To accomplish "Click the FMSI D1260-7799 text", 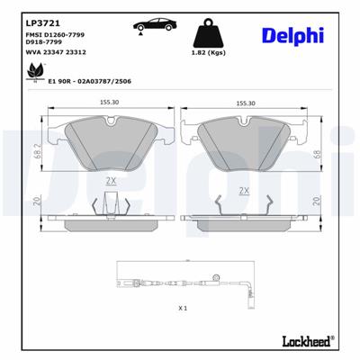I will [x=49, y=33].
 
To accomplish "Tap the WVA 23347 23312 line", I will [x=49, y=53].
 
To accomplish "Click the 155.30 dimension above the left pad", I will [x=110, y=103].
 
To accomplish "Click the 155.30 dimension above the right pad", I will [x=246, y=103].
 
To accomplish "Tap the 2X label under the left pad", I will [x=111, y=179].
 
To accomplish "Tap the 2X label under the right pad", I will [x=244, y=191].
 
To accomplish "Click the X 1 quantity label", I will [x=183, y=309].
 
